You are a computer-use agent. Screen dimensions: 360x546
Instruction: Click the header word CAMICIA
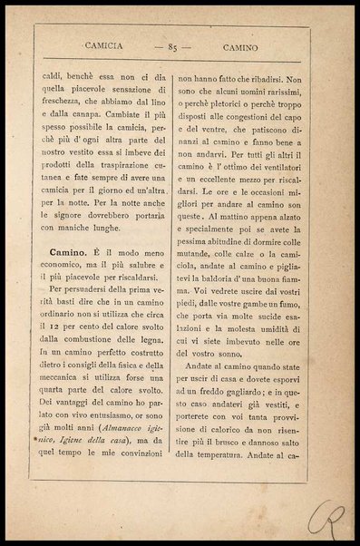[103, 44]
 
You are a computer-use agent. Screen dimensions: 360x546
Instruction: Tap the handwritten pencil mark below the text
[324, 517]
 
